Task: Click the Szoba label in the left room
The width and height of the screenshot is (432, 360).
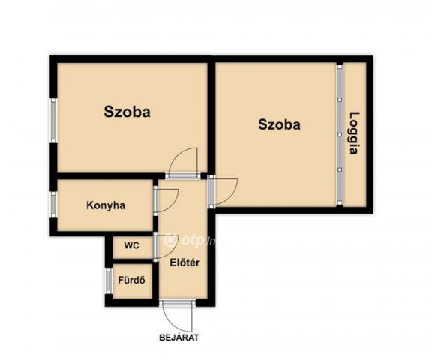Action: click(127, 112)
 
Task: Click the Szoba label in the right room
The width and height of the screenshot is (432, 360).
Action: click(279, 124)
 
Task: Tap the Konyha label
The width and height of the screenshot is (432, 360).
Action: click(106, 205)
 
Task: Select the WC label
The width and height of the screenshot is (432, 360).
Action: click(132, 245)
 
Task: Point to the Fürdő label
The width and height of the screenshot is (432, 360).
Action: click(132, 280)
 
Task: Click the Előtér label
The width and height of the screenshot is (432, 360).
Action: click(184, 262)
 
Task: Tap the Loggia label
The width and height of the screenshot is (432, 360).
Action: click(354, 133)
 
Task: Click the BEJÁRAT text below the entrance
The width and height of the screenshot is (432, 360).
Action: click(179, 337)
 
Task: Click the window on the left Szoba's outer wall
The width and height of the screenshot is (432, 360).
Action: click(54, 121)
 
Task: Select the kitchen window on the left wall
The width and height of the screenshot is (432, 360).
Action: click(54, 205)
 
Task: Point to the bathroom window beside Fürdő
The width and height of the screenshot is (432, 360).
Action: click(109, 280)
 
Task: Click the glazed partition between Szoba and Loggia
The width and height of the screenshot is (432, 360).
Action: click(340, 135)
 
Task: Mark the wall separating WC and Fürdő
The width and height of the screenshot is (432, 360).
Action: click(133, 261)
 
